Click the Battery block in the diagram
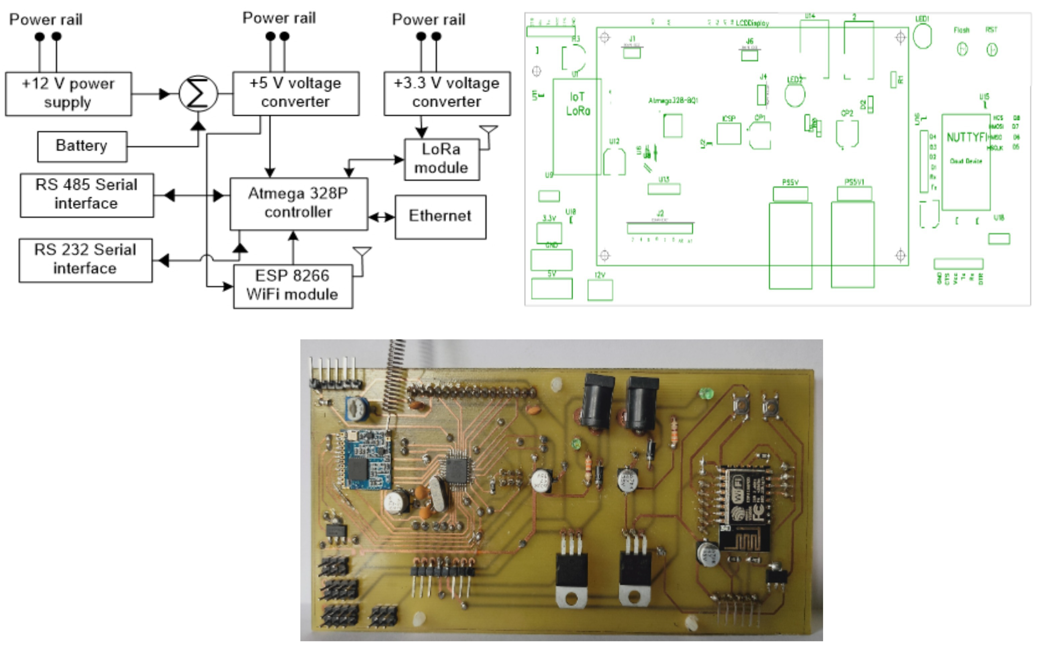(82, 146)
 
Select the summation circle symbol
(198, 94)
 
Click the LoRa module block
(442, 159)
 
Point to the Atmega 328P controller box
(298, 203)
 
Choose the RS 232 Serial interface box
(85, 260)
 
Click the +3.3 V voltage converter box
(447, 93)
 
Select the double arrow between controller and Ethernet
(381, 217)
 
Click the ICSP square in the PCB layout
(728, 134)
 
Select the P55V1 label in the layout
(854, 182)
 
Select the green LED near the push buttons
(706, 393)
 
